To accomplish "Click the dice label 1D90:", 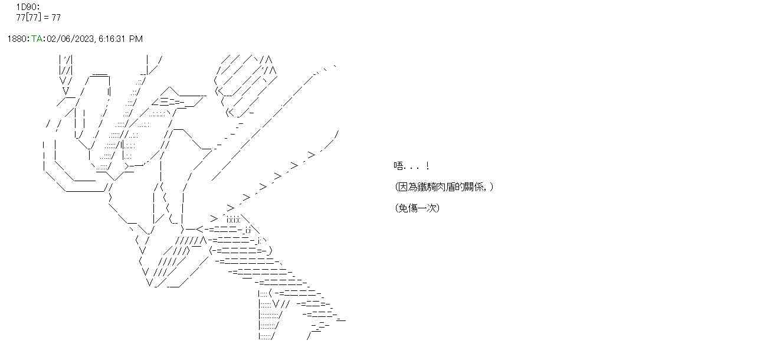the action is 28,7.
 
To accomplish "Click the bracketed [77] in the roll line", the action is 32,17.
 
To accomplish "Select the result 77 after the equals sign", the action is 55,17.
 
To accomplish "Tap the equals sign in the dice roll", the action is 46,17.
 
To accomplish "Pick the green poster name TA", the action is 37,39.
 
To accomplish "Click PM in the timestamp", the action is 136,39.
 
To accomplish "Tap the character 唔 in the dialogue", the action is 398,166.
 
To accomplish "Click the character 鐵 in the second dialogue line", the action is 421,187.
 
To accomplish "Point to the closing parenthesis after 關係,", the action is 491,187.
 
